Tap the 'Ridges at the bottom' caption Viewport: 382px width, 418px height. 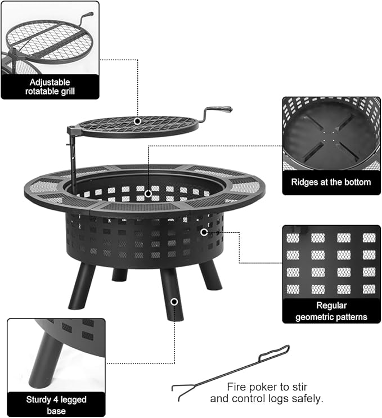coord(331,182)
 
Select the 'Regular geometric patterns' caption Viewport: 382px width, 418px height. coord(331,311)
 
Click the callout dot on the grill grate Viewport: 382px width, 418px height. coord(138,120)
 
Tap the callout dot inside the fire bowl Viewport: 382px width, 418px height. coord(148,194)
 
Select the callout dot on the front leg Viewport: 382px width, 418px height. coord(174,302)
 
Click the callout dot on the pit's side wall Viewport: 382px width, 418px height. coord(204,231)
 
